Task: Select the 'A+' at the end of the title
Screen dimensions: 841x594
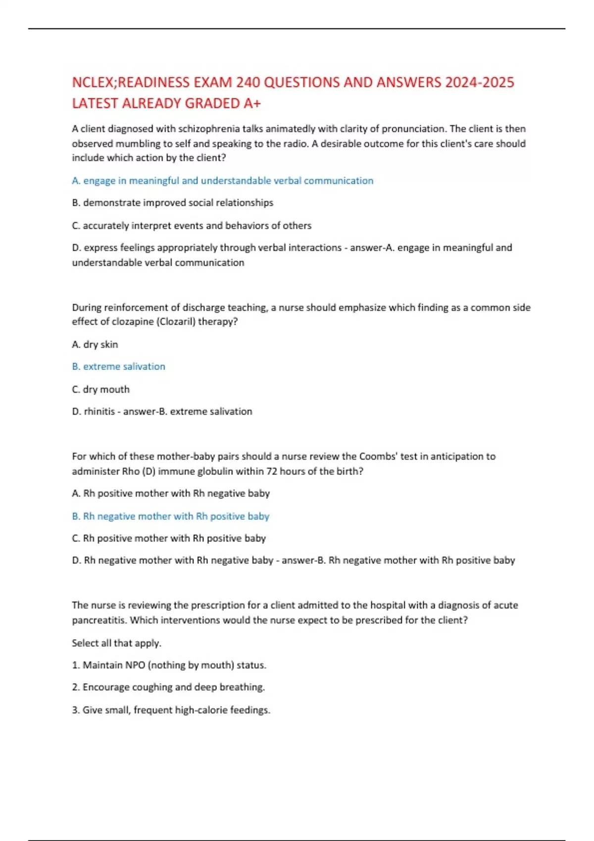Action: [252, 103]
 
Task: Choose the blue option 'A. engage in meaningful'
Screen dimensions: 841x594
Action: [222, 181]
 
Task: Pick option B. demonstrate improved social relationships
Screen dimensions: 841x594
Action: [172, 203]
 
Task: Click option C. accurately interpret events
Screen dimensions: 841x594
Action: [192, 226]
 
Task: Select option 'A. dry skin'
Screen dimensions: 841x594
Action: [95, 344]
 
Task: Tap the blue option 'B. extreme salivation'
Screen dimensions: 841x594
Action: [119, 367]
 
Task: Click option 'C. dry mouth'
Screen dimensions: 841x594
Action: [100, 389]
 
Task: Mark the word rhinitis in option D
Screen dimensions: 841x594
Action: [99, 412]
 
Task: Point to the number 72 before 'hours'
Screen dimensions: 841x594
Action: [272, 471]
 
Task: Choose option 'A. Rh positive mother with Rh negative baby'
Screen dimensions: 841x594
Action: [171, 493]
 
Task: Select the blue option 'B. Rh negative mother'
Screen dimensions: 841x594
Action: [170, 516]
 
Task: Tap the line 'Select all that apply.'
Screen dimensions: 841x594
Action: [116, 643]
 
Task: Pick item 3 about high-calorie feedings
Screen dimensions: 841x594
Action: [171, 710]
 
